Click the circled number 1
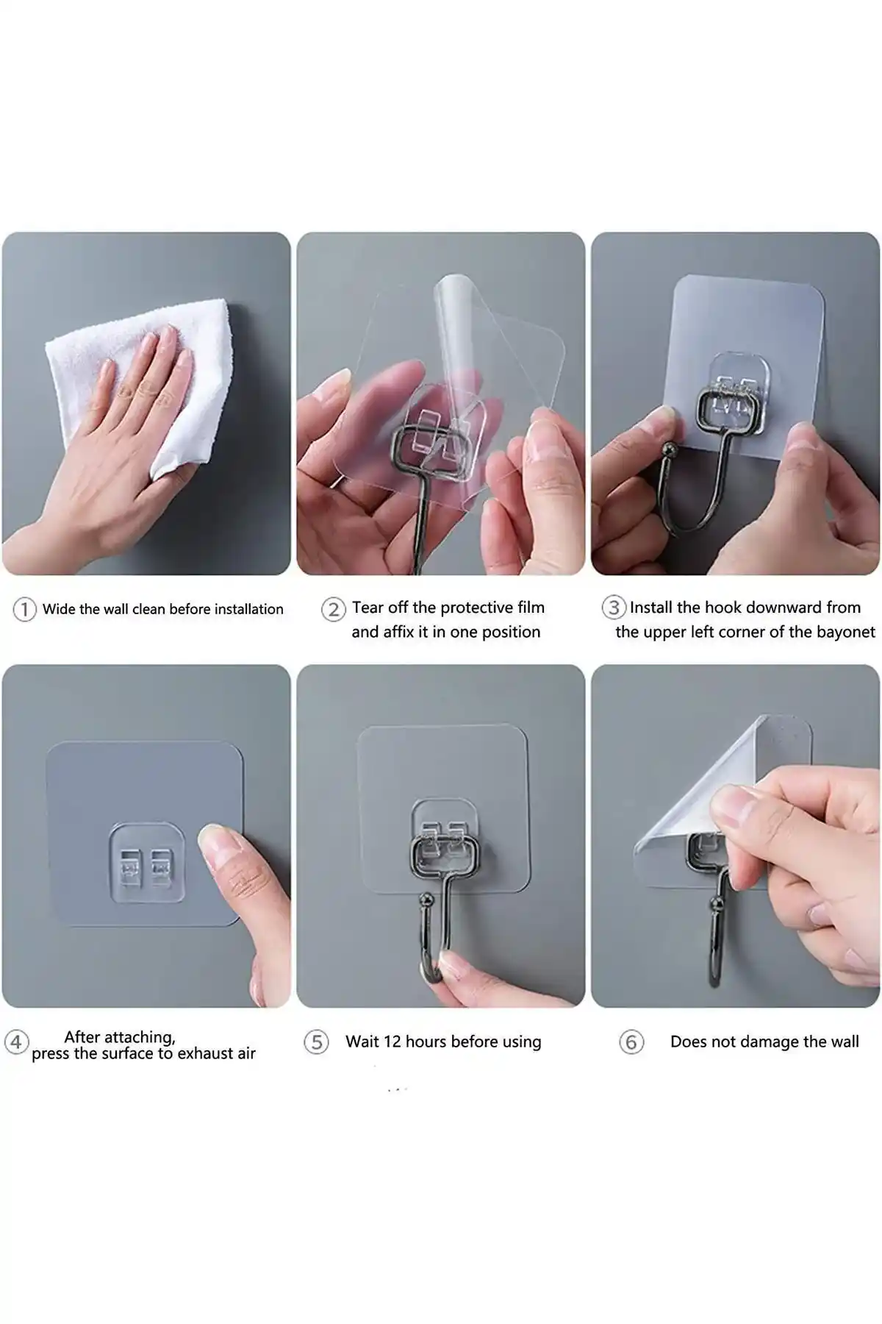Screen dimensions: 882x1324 click(x=24, y=609)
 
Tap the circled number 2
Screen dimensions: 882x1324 click(x=333, y=609)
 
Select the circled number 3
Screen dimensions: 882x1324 click(x=614, y=608)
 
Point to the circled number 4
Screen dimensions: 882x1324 click(x=16, y=1042)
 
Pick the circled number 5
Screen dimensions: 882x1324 click(x=316, y=1042)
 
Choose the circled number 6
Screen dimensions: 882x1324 click(x=631, y=1042)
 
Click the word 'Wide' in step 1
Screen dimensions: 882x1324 click(x=59, y=609)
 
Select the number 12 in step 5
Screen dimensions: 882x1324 click(x=392, y=1042)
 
